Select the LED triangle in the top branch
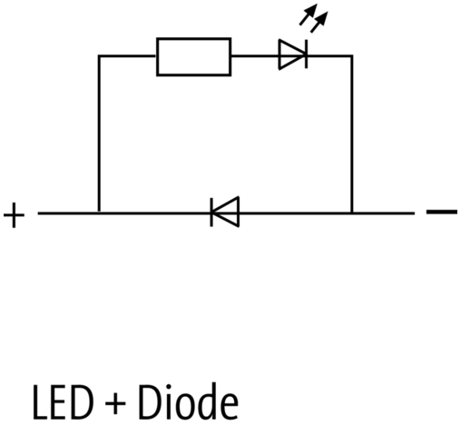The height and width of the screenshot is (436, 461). coord(292,54)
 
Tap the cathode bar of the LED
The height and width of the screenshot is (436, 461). coord(307,54)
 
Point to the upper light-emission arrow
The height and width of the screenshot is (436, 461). coord(309,15)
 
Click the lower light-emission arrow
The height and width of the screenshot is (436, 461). coord(319,22)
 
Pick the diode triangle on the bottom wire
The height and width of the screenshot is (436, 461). coord(226,212)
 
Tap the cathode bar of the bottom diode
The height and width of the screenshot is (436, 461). coord(211,212)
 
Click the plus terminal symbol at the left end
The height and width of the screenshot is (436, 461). coord(14,215)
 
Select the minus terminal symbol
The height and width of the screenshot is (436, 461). coord(442,212)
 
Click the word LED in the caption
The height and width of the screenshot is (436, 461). coord(63,402)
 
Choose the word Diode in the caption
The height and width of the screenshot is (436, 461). coord(188,401)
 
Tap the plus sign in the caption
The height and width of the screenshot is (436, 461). coord(115,403)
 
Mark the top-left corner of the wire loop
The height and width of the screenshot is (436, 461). coord(99,55)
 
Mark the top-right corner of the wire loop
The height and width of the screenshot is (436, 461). coord(352,55)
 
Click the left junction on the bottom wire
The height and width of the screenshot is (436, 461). coord(99,213)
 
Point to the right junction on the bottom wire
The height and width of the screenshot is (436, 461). coord(352,213)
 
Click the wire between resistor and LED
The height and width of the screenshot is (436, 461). coord(255,55)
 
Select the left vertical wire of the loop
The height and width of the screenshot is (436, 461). coord(99,134)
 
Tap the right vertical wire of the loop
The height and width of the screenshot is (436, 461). coord(352,134)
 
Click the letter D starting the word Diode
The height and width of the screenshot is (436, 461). coord(149,402)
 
